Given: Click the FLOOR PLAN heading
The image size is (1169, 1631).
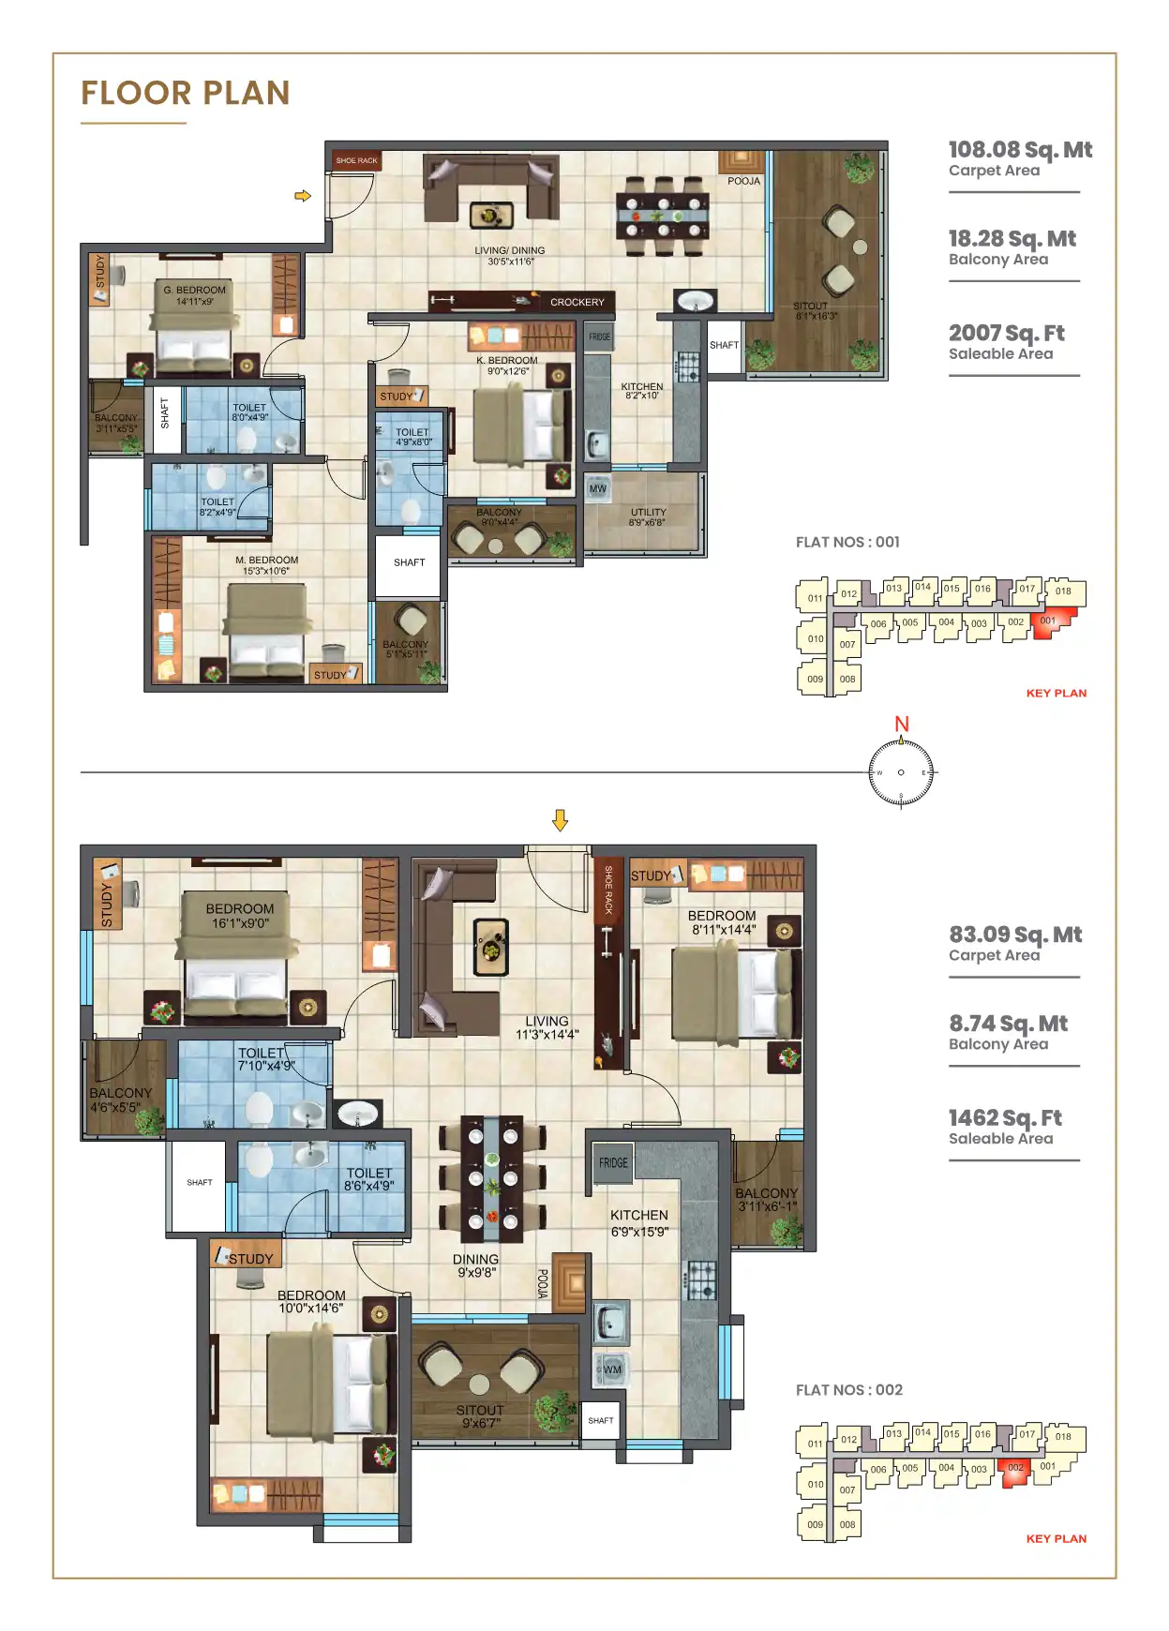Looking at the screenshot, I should click(185, 93).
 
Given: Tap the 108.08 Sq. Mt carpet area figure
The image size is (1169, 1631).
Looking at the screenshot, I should click(1019, 150).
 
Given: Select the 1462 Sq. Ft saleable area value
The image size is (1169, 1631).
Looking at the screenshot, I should click(1004, 1117).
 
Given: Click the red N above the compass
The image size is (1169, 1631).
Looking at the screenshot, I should click(901, 724).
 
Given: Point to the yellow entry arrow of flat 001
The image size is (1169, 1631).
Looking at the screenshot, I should click(303, 196).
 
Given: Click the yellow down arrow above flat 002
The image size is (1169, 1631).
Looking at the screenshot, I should click(560, 820).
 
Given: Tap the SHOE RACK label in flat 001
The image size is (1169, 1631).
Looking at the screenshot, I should click(356, 160).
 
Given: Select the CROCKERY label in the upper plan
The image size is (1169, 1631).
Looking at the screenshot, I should click(577, 302).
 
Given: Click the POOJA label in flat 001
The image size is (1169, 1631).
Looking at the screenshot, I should click(743, 181).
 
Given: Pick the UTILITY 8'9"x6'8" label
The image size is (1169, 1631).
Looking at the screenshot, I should click(648, 516).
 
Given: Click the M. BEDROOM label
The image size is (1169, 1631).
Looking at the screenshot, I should click(266, 564).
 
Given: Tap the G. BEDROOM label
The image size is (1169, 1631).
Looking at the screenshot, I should click(194, 295).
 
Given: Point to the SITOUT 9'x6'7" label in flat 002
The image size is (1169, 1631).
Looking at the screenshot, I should click(480, 1415).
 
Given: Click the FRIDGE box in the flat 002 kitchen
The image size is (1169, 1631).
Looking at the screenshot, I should click(613, 1162).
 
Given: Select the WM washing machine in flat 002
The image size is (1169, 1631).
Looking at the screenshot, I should click(611, 1369).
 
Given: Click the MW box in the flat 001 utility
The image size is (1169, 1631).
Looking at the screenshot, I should click(597, 488).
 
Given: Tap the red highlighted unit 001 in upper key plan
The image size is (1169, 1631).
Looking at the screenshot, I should click(1049, 622).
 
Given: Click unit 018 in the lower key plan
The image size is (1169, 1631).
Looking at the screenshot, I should click(1063, 1437).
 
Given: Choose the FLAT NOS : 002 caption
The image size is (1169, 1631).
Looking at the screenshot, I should click(848, 1389).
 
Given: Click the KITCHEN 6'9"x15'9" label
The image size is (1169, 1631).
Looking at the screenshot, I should click(639, 1222).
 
